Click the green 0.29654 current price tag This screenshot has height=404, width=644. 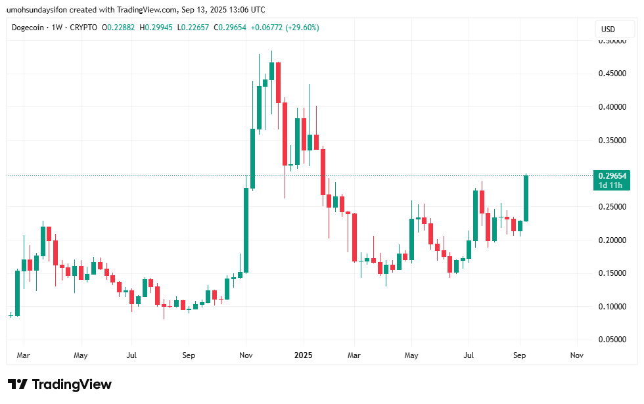611,175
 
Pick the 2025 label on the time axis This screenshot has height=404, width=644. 303,355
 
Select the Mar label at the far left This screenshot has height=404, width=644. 24,355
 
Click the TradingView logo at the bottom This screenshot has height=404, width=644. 60,384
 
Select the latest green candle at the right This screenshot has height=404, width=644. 526,198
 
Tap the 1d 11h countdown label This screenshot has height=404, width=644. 611,185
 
